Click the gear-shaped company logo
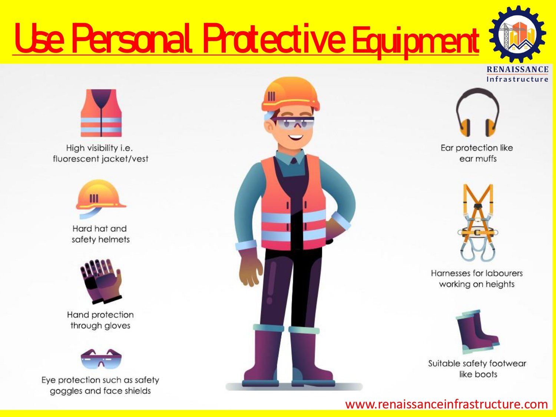tap(517, 34)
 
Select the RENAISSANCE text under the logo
tap(517, 69)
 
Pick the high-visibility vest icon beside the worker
tap(101, 113)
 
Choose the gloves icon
tap(101, 281)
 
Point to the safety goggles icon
tap(101, 359)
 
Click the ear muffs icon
tap(477, 112)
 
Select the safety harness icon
tap(478, 223)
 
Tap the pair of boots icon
tap(477, 332)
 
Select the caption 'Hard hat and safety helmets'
tap(100, 234)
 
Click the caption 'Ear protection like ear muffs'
tap(477, 153)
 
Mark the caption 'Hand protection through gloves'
tap(100, 320)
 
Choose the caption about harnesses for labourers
tap(477, 278)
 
